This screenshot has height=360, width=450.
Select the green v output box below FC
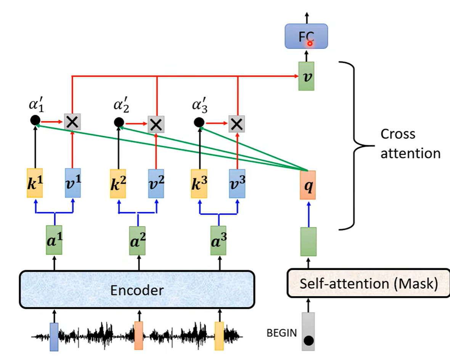(306, 76)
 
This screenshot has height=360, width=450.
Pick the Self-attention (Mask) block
(368, 284)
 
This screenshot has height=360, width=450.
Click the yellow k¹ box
(35, 183)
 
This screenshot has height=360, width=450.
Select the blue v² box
(156, 183)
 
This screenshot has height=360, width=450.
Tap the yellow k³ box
(199, 183)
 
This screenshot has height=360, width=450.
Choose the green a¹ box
(54, 240)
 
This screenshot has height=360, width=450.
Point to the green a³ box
(219, 240)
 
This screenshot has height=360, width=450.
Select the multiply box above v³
(237, 123)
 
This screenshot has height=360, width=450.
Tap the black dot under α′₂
(119, 122)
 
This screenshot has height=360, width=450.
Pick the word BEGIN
(281, 333)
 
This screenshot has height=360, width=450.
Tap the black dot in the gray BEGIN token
(309, 340)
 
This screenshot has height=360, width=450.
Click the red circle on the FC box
(310, 43)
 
